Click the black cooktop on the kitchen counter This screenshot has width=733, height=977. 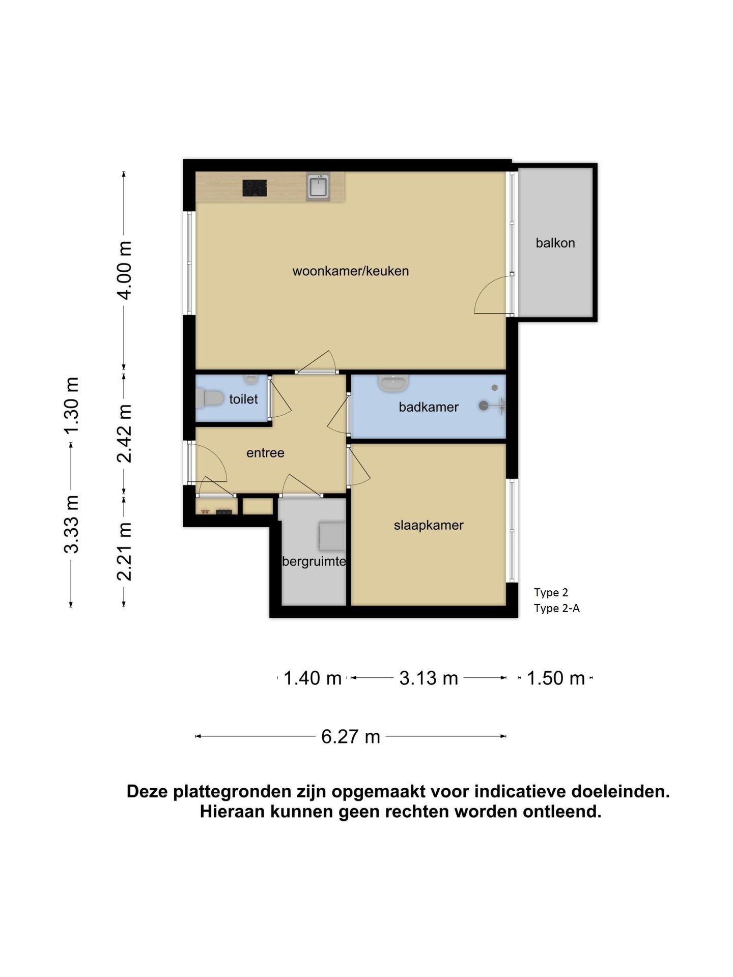(x=255, y=188)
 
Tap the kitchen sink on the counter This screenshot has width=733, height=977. (x=318, y=186)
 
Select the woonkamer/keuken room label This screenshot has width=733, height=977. (x=351, y=271)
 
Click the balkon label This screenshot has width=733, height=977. (x=555, y=243)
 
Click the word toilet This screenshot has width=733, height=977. (x=243, y=399)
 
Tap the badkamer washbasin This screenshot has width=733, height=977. (x=393, y=383)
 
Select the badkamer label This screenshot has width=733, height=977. (x=429, y=407)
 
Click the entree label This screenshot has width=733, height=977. (x=265, y=453)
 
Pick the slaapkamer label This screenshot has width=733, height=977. (x=429, y=525)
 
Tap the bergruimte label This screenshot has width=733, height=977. (x=314, y=561)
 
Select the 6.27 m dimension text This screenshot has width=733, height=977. (x=351, y=736)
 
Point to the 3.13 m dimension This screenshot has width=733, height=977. (x=429, y=678)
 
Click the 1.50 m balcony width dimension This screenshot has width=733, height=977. (x=555, y=678)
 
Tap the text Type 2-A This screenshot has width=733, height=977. (x=557, y=608)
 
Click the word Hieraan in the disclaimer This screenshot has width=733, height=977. (x=233, y=811)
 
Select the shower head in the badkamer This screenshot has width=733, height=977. (x=484, y=406)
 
